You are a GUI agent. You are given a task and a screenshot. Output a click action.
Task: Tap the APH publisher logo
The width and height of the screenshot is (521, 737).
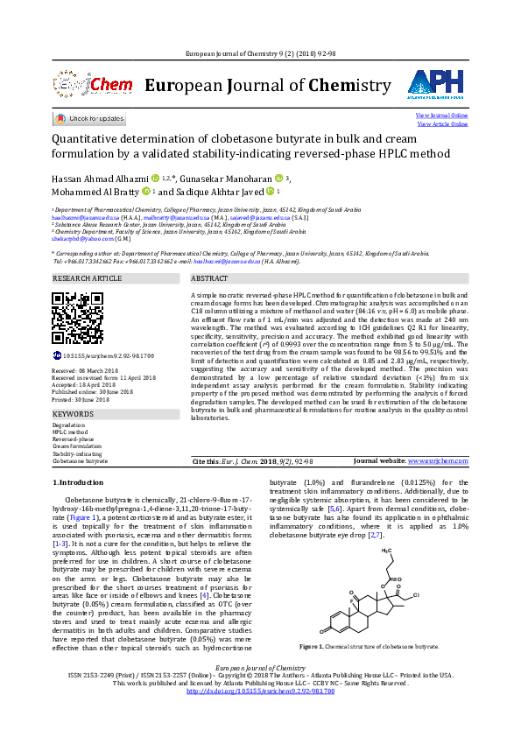click(434, 85)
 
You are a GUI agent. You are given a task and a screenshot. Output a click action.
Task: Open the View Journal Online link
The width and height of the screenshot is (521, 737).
click(441, 116)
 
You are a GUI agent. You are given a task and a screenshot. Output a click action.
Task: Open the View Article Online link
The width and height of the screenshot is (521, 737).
click(442, 124)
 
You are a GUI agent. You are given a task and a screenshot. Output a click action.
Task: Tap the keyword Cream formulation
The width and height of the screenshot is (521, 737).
click(76, 446)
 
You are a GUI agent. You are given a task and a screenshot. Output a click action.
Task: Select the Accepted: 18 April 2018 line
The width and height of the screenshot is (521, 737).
click(90, 385)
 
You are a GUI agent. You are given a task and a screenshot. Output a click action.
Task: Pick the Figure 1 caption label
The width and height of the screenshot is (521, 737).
click(312, 670)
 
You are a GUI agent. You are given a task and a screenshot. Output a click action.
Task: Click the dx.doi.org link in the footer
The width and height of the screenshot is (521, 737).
click(260, 715)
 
